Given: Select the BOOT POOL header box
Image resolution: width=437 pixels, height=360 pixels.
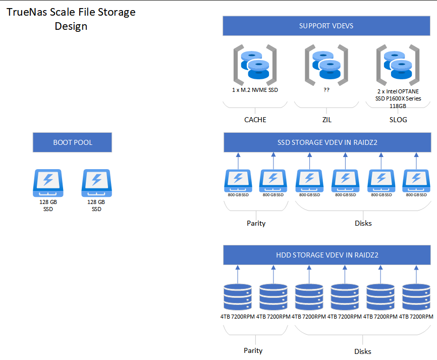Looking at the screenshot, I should (x=72, y=142).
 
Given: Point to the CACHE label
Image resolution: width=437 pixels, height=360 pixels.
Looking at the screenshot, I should (x=255, y=120).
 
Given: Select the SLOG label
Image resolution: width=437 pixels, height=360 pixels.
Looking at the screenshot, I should (x=398, y=120).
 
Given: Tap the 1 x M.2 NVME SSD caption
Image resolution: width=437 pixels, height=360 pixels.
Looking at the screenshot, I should (x=255, y=90).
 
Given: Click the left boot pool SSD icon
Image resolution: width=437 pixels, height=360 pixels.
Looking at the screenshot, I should (x=48, y=183).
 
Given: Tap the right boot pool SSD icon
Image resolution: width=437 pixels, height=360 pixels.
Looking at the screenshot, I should (x=96, y=183).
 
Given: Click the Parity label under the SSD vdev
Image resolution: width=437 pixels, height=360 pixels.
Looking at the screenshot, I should (x=256, y=223).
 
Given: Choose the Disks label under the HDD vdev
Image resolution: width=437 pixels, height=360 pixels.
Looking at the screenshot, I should (x=362, y=351).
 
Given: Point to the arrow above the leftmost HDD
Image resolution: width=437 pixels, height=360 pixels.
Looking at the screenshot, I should (x=238, y=275).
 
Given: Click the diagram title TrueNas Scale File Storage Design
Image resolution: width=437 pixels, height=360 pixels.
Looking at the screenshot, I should (x=71, y=19).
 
